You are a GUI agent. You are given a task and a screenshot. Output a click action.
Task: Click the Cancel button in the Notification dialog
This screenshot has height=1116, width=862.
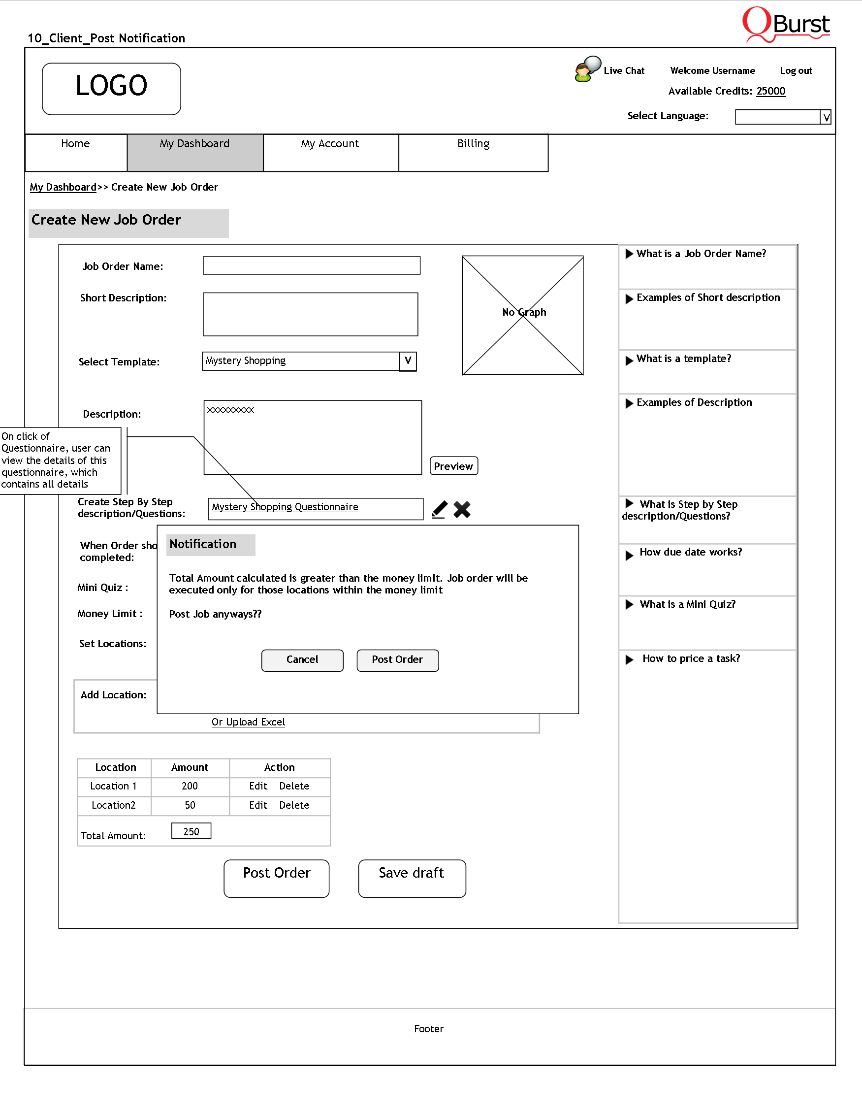[302, 660]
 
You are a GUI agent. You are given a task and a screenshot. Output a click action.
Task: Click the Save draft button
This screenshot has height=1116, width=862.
[412, 879]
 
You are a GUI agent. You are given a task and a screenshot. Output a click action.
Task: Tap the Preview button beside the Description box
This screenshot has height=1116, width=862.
[453, 466]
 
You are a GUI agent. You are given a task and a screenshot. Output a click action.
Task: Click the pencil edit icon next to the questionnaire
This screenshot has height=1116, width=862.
[439, 509]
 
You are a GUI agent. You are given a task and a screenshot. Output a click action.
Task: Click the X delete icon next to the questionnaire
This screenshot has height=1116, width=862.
[462, 509]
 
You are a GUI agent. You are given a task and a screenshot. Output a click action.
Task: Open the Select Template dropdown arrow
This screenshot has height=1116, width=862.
[408, 361]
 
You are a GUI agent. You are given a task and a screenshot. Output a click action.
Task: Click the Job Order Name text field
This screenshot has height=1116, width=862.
[312, 266]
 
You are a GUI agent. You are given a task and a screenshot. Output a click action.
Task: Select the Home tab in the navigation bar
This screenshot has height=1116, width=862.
[76, 144]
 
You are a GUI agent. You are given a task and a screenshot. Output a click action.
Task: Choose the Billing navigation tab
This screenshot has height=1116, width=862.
[473, 144]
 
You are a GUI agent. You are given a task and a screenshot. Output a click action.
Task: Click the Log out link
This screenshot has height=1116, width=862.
[796, 71]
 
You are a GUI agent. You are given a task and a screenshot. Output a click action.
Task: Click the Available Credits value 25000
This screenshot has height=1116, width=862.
[770, 92]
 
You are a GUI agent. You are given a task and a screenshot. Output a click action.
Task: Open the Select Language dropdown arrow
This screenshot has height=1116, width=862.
[826, 118]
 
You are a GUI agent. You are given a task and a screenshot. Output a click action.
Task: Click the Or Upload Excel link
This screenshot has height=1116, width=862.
[248, 722]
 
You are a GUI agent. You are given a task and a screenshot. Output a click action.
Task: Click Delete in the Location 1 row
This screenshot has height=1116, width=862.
[294, 786]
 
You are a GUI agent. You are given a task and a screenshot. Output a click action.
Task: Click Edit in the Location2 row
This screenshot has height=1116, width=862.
[258, 805]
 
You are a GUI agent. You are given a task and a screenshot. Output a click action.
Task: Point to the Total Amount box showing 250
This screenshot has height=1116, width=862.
[191, 831]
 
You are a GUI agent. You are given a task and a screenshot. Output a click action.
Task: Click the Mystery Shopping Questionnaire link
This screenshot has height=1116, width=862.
[285, 507]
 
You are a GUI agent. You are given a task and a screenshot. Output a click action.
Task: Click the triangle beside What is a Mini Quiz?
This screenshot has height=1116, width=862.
[630, 604]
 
